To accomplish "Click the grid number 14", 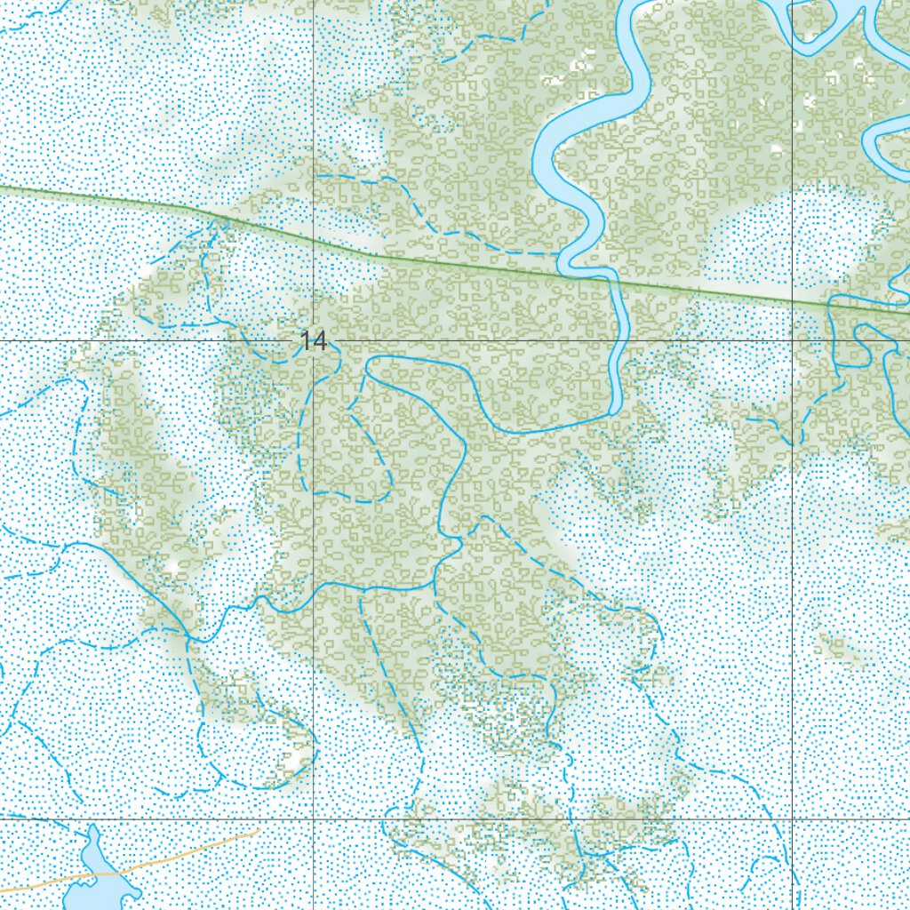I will pyautogui.click(x=314, y=340).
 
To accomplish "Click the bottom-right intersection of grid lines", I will pyautogui.click(x=793, y=818).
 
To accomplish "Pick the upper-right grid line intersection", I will pyautogui.click(x=793, y=340).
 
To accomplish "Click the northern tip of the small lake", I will pyautogui.click(x=92, y=828).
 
